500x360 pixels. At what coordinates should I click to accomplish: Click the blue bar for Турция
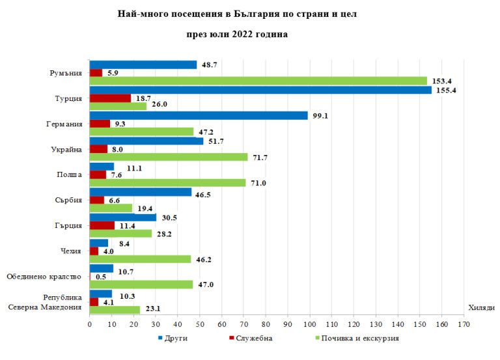point(260,90)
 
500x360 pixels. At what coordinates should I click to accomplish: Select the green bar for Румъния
point(258,81)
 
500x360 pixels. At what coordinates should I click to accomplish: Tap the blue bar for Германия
point(199,115)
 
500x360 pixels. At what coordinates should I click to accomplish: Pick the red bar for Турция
point(110,98)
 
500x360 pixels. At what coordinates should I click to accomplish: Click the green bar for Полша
point(167,183)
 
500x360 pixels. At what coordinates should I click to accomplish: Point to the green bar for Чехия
point(140,259)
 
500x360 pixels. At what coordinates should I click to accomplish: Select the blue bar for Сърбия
point(141,192)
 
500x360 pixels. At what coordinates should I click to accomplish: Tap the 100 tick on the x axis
point(310,322)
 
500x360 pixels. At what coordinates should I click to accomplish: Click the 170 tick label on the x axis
point(464,322)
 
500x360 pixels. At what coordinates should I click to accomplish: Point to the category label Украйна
point(66,150)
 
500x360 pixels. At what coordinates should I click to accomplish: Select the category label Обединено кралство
point(44,277)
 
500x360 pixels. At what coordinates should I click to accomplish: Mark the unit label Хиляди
point(480,309)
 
